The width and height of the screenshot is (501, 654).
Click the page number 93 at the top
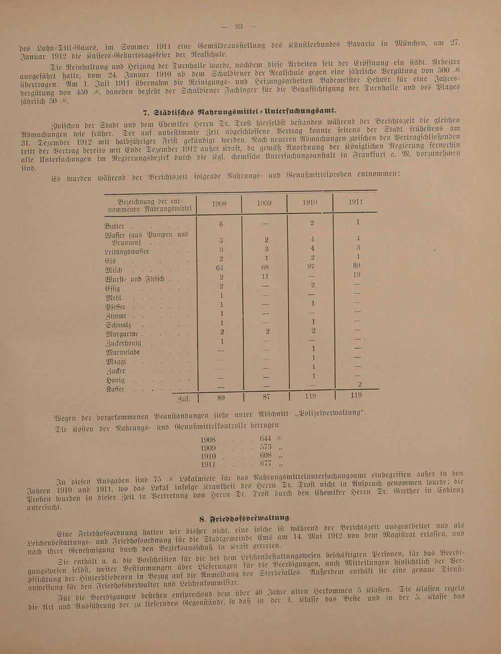(238, 27)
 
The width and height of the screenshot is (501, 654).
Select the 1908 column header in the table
(219, 204)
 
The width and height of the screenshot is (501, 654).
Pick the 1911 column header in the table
(356, 202)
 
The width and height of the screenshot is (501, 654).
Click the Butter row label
(115, 227)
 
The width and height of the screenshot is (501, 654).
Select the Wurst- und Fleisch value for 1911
(356, 275)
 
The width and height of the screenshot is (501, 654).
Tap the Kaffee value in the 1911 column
(359, 384)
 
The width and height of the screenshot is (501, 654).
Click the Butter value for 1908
(220, 225)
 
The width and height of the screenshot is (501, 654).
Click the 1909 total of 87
(266, 397)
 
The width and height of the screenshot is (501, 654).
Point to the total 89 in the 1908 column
(221, 398)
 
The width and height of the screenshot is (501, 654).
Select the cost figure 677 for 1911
(266, 464)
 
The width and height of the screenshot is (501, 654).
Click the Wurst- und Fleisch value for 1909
(265, 276)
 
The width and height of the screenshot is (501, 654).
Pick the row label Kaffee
(115, 389)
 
